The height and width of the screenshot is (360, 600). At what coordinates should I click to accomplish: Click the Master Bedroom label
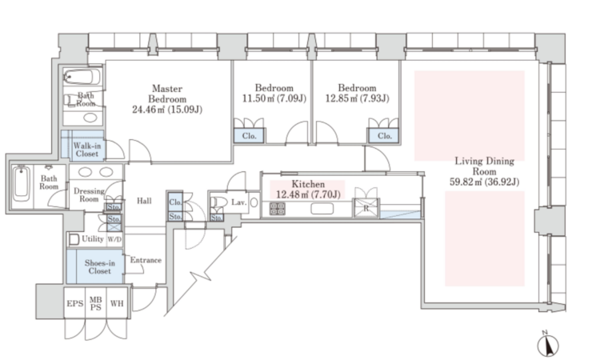tap(167, 94)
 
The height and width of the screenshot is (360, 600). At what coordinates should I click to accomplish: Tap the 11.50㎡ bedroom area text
tap(274, 98)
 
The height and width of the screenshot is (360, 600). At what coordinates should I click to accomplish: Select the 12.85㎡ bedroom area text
tap(357, 98)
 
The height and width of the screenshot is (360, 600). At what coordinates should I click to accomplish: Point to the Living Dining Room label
tap(485, 166)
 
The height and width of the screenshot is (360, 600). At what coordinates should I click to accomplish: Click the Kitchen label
tap(308, 184)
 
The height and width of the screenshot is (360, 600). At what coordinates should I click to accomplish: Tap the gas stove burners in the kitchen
tap(278, 209)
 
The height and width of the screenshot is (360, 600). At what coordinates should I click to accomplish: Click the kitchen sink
tap(322, 209)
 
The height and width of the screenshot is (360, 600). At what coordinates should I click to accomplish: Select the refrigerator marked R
tap(366, 209)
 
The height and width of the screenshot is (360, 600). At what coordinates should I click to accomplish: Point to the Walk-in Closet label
tap(87, 150)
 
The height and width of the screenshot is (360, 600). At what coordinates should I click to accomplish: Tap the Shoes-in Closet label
tap(99, 266)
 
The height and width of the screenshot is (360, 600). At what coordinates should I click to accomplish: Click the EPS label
tap(74, 304)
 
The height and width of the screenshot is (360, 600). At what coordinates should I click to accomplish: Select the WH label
tap(117, 304)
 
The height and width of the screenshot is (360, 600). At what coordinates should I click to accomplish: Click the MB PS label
tap(96, 304)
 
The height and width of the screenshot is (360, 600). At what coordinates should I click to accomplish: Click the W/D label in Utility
tap(114, 239)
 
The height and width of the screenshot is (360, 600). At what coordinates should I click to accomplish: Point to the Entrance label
tap(146, 260)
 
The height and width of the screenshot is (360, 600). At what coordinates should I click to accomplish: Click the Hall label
tap(144, 201)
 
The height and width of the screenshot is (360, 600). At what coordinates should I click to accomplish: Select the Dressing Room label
tap(89, 194)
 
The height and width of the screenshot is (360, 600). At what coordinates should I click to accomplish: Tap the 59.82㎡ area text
tap(485, 182)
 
